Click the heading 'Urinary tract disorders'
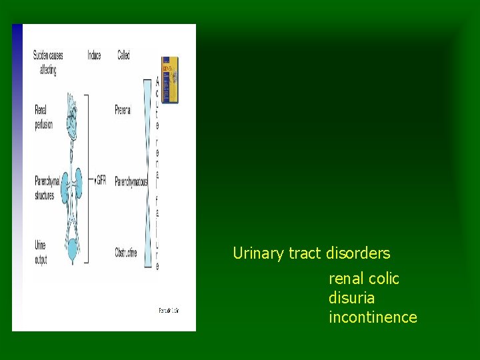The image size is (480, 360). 311,253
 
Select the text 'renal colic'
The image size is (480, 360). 363,279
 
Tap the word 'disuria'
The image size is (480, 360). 351,298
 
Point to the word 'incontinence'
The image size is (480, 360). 373,317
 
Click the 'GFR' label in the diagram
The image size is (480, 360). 101,181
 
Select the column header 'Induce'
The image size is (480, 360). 94,55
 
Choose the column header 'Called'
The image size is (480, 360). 123,55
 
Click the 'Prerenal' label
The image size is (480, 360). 123,109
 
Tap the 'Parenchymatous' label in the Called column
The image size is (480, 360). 131,181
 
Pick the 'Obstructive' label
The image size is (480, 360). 126,253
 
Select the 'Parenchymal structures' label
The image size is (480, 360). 47,187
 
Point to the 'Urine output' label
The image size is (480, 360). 41,252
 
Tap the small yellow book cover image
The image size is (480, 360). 170,80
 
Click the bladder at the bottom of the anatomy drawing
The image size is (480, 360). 72,252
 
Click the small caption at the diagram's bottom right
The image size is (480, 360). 169,311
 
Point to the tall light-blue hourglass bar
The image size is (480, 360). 148,173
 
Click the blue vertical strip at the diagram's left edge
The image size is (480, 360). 17,177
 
